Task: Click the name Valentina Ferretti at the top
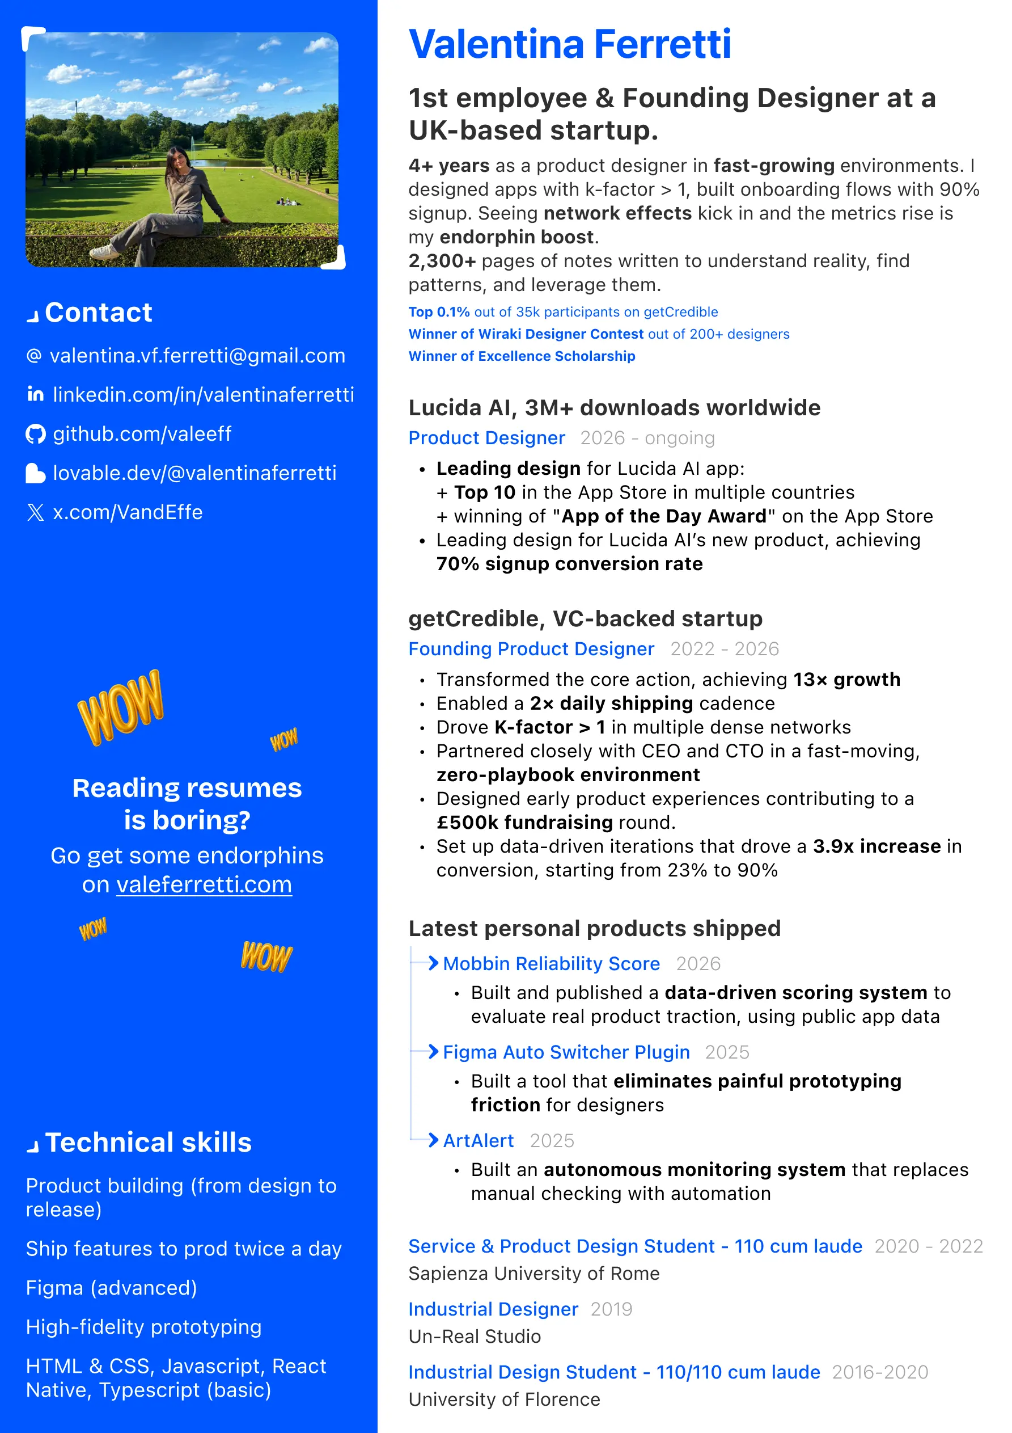[x=569, y=45]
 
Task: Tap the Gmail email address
[x=197, y=356]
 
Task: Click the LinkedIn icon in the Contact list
[x=36, y=394]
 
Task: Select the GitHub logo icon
[x=36, y=434]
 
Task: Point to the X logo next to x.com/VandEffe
[x=36, y=512]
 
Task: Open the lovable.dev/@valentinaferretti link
[x=194, y=473]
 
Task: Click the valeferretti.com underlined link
[x=204, y=884]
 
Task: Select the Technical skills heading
[x=148, y=1142]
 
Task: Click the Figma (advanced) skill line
[x=112, y=1288]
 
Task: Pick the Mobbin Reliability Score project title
[x=551, y=964]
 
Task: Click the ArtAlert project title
[x=478, y=1140]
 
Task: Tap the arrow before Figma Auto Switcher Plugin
[x=433, y=1052]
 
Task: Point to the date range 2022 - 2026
[x=725, y=649]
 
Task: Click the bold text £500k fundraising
[x=524, y=823]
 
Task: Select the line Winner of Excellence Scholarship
[x=522, y=356]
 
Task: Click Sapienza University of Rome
[x=533, y=1273]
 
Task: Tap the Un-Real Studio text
[x=474, y=1336]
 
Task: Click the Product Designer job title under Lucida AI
[x=486, y=438]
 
